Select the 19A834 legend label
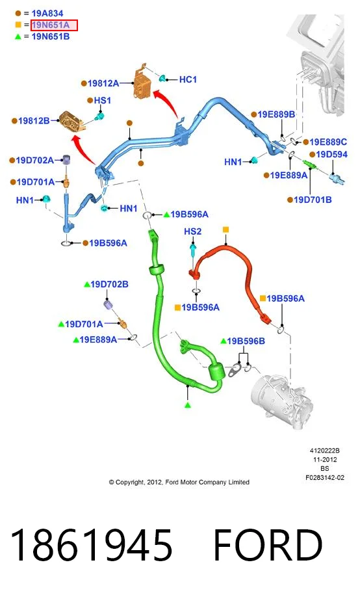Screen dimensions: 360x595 tap(47, 14)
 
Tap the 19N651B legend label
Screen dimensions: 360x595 tap(51, 37)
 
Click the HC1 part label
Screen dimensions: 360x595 tap(188, 80)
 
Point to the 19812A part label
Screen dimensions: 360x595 tap(103, 83)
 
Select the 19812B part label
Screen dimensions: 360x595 tap(34, 121)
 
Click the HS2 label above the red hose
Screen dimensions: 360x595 tap(193, 231)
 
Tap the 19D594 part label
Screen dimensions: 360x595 tap(331, 155)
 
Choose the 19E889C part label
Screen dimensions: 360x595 tap(328, 142)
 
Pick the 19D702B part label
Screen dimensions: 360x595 tap(109, 284)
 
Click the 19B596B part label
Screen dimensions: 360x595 tap(246, 341)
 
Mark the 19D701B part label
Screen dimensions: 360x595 tap(313, 200)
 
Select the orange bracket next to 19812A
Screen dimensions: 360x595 tap(142, 83)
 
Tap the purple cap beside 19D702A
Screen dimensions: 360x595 tap(66, 160)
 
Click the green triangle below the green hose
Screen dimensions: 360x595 tap(187, 405)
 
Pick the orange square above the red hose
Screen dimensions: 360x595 tap(225, 230)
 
